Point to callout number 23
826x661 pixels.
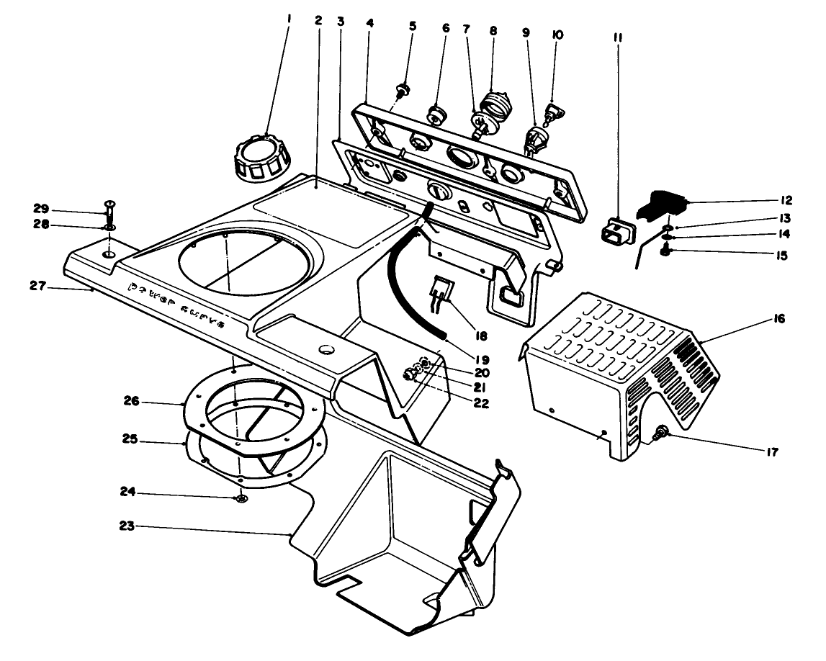[x=127, y=527]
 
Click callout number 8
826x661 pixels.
[x=493, y=31]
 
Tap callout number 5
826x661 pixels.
[x=413, y=26]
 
